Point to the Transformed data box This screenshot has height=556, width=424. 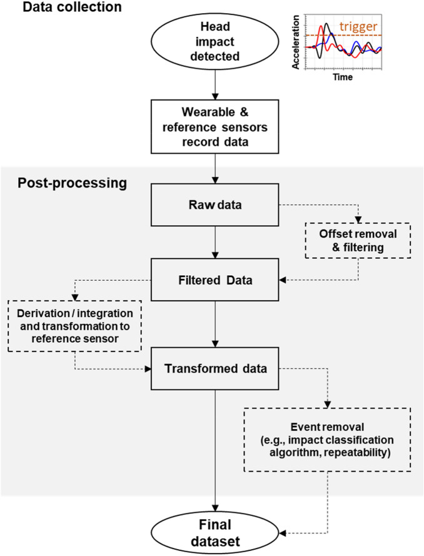point(215,368)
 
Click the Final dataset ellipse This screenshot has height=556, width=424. point(215,533)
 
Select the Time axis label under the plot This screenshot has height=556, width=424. point(343,78)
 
